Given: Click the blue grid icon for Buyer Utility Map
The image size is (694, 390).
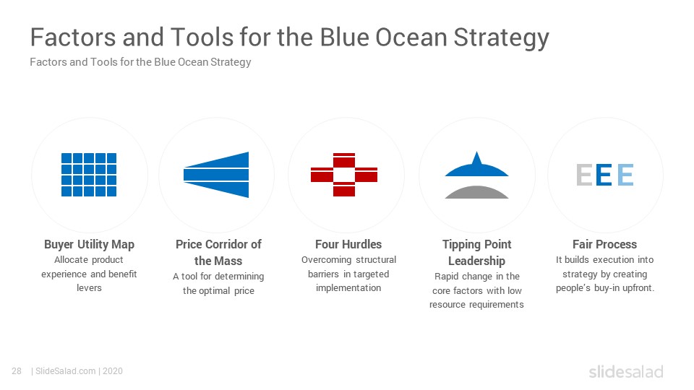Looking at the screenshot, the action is point(88,175).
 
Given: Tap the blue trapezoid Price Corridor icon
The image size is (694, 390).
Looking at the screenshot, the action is point(216,175).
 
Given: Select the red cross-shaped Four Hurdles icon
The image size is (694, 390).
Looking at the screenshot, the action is point(344,175).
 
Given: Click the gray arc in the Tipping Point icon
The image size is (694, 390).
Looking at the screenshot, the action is point(476,193).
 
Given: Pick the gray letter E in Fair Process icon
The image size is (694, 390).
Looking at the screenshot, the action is point(584,175).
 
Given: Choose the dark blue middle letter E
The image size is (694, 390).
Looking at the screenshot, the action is point(604,175).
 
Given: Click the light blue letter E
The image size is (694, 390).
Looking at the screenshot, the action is point(625,175).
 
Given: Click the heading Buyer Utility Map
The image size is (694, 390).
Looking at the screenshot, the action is point(89,245).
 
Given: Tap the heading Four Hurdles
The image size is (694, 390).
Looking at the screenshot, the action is point(348,244).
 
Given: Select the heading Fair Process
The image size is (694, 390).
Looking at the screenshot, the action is point(604,244).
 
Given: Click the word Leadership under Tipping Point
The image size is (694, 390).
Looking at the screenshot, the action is point(476,261).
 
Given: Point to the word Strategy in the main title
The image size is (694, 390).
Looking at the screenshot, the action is point(501,38).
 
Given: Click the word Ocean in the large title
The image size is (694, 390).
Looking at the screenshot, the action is point(411,37).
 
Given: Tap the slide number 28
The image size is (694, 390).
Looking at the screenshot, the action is point(17,371).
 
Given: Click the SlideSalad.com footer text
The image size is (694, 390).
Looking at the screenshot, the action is point(65,371).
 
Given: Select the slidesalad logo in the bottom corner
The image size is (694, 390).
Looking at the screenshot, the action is point(626,371).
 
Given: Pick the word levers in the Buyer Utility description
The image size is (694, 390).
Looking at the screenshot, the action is point(89,288).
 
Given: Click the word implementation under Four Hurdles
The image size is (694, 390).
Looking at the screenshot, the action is point(348,288).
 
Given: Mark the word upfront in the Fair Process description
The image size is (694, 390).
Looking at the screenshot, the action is point(638,288).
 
